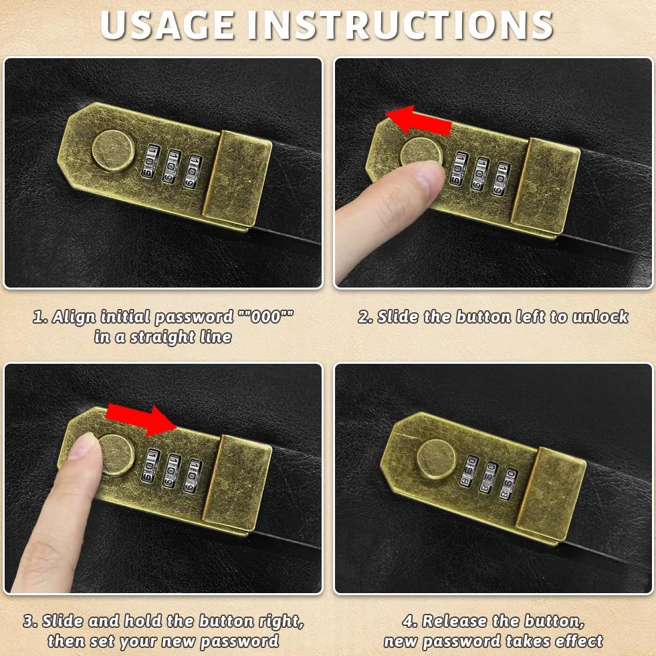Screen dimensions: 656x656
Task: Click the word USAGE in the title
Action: point(167,25)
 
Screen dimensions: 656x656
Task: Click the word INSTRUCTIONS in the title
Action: point(401,25)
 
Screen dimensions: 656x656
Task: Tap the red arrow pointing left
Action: point(419,120)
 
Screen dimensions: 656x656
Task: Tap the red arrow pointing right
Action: point(141,420)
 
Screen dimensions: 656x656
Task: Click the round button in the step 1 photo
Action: point(114,150)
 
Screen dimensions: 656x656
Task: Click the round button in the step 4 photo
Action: point(437,459)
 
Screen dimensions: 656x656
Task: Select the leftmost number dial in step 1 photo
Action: point(150,161)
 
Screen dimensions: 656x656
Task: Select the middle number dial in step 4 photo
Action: point(488,477)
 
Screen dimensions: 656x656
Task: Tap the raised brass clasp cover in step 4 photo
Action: point(550,495)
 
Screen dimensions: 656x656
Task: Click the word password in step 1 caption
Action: point(194,317)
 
